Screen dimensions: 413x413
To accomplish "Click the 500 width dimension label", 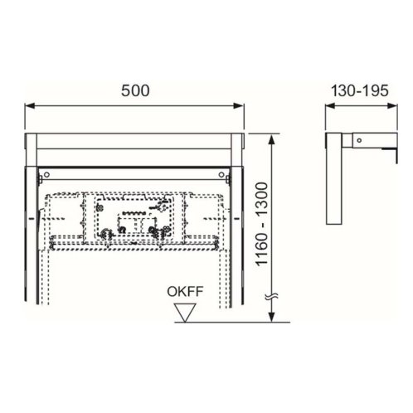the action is tap(135, 90).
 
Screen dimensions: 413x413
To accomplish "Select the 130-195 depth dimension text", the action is tap(360, 90).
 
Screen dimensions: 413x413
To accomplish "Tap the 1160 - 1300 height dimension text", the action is tap(261, 224).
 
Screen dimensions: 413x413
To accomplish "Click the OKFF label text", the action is tap(185, 291).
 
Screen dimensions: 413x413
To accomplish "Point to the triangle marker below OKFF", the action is tap(185, 313).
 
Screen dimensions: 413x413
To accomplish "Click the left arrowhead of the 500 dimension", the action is tap(30, 106).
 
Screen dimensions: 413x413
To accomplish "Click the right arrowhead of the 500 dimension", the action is tap(239, 106).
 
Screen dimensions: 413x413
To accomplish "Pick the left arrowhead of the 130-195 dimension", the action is tap(330, 106).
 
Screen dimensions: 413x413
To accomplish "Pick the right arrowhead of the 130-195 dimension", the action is tap(392, 106).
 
